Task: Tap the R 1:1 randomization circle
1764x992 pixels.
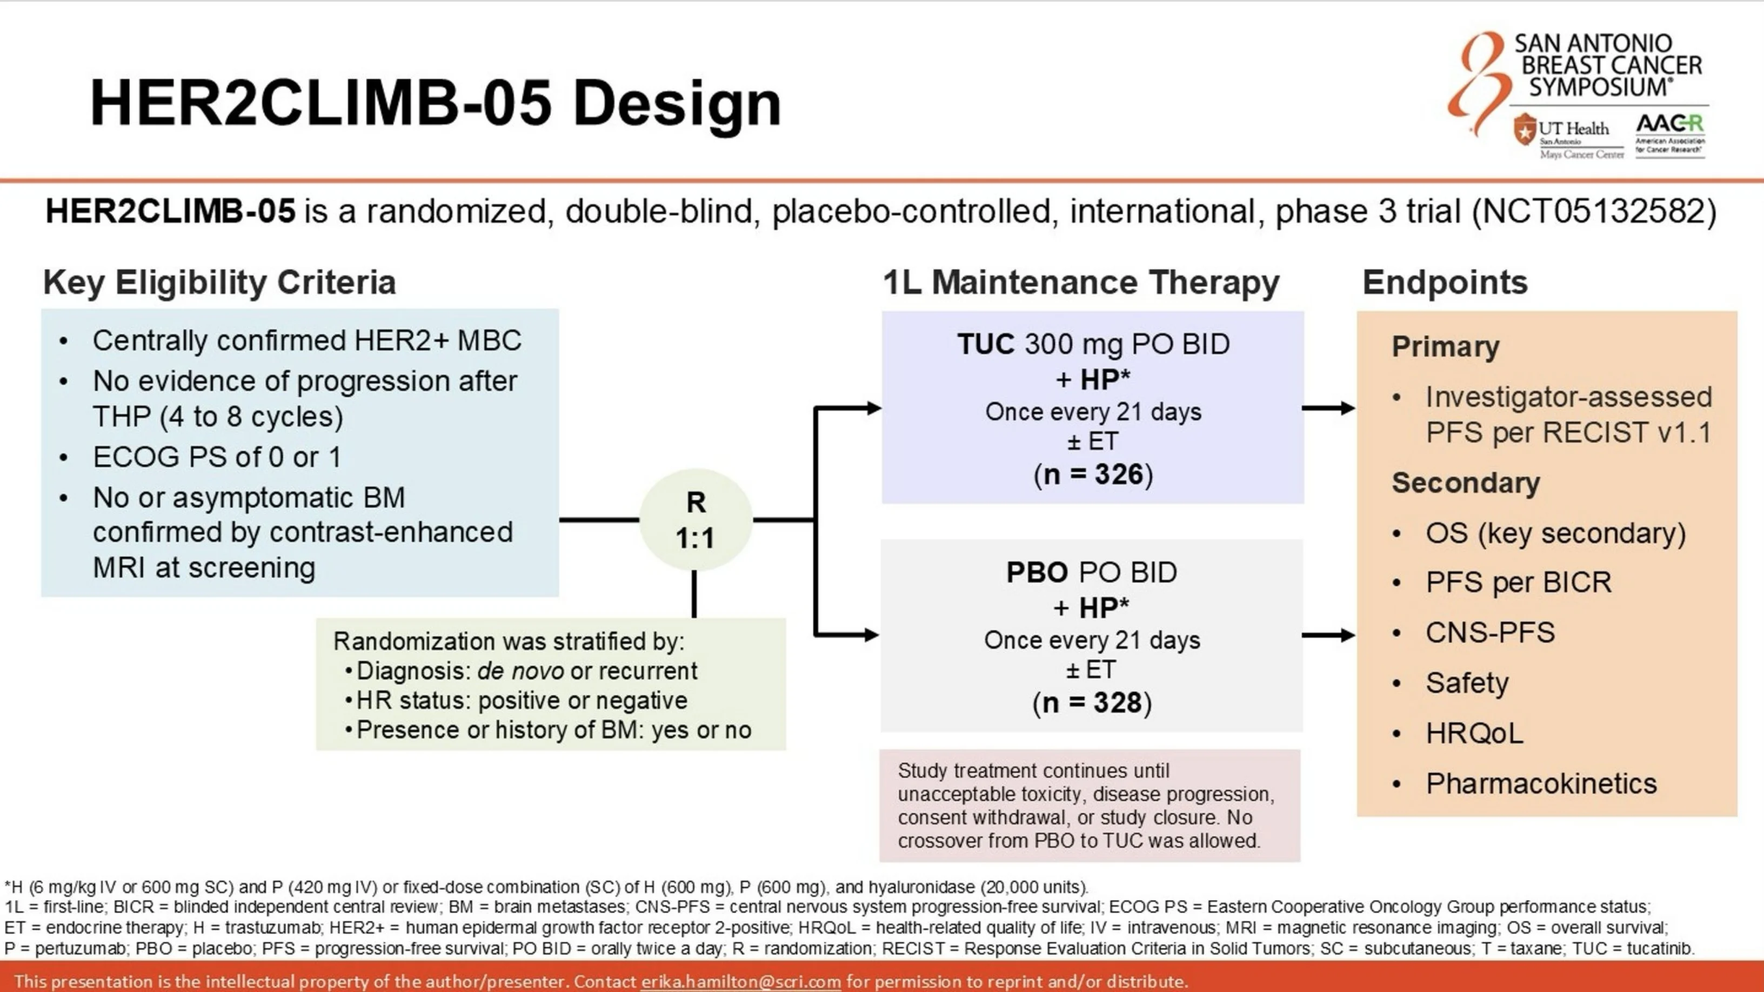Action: point(696,520)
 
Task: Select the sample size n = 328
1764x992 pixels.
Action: point(1092,703)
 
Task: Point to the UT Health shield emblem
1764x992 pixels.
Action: point(1525,129)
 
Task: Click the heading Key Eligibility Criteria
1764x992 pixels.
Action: point(219,283)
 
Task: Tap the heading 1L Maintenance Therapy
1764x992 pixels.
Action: point(1080,283)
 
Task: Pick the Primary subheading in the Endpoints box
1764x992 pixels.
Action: point(1445,347)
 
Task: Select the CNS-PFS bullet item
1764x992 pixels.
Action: point(1489,633)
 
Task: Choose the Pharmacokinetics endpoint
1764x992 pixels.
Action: point(1541,784)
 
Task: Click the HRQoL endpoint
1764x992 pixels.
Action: point(1474,734)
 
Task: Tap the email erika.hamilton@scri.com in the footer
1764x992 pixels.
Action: point(740,981)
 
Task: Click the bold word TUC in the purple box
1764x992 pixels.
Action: point(985,344)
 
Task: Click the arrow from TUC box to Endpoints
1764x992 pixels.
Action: point(1328,408)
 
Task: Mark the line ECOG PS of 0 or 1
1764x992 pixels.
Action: point(216,457)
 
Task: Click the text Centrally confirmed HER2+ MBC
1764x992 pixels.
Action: point(307,341)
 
